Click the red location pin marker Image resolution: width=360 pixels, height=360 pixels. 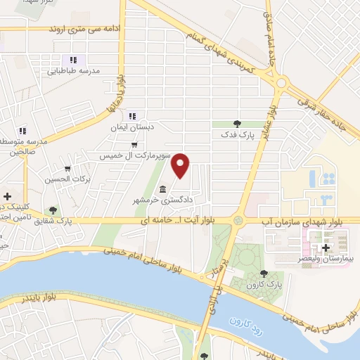coord(182,165)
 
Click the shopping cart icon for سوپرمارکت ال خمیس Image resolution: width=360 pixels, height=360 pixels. coord(134,145)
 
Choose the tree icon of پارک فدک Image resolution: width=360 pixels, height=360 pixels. coord(237,123)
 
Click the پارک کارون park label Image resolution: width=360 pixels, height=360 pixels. coord(264,284)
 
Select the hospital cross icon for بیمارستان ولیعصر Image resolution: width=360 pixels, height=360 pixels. coord(325,249)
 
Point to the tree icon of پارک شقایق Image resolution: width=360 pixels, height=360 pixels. coord(53,210)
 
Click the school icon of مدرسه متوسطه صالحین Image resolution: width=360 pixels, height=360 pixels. coord(22,130)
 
